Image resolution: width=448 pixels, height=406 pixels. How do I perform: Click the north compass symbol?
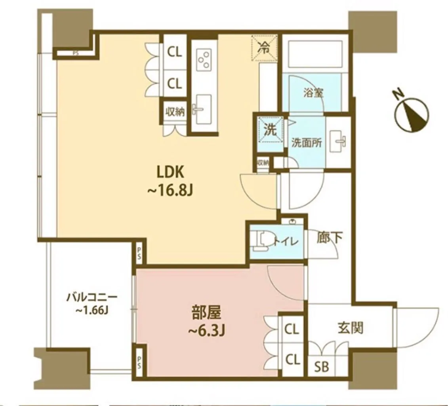click(412, 114)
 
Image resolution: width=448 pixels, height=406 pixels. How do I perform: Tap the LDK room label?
click(170, 172)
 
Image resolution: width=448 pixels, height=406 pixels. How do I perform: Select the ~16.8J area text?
click(170, 190)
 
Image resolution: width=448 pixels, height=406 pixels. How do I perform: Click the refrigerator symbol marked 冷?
click(264, 48)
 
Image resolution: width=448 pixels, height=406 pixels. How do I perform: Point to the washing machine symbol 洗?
click(270, 130)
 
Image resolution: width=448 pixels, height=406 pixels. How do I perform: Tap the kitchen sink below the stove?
click(202, 109)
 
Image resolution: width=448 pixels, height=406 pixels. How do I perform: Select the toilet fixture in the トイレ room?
click(262, 241)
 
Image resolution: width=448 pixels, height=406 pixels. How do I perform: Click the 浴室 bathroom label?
click(313, 93)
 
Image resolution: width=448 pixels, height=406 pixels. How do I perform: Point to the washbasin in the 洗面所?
click(338, 141)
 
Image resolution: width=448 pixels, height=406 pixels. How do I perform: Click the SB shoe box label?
click(322, 367)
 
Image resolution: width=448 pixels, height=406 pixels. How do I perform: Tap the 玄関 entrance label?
click(351, 328)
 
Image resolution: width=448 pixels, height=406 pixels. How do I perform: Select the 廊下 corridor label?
click(330, 237)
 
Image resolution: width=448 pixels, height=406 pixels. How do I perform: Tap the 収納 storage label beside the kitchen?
click(175, 112)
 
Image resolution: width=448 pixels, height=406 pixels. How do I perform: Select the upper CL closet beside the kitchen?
click(175, 52)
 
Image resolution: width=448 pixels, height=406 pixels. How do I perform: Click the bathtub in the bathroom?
click(315, 54)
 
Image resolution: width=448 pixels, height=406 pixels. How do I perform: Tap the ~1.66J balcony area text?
click(92, 310)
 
